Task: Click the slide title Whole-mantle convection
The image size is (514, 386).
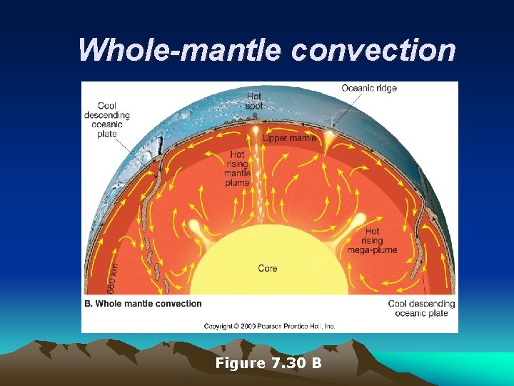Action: [x=266, y=50]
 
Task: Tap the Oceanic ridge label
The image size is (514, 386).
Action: [x=368, y=89]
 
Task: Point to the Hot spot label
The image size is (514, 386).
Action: [x=254, y=101]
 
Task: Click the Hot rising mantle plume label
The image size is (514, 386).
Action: [x=237, y=169]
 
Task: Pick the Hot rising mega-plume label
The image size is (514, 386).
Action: [x=372, y=241]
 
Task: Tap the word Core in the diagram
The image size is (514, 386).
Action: [x=268, y=269]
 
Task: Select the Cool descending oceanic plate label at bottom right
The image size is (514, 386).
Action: [x=421, y=308]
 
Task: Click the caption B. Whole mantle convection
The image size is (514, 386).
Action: [x=143, y=304]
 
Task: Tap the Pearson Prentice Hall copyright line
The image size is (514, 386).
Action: [x=269, y=326]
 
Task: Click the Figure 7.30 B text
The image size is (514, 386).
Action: [x=268, y=364]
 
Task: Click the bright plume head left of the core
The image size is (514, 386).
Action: [x=195, y=227]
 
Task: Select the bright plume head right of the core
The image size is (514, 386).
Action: [x=341, y=227]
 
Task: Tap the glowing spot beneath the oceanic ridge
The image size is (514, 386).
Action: [x=329, y=134]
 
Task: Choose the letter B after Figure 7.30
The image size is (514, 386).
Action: [x=316, y=364]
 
